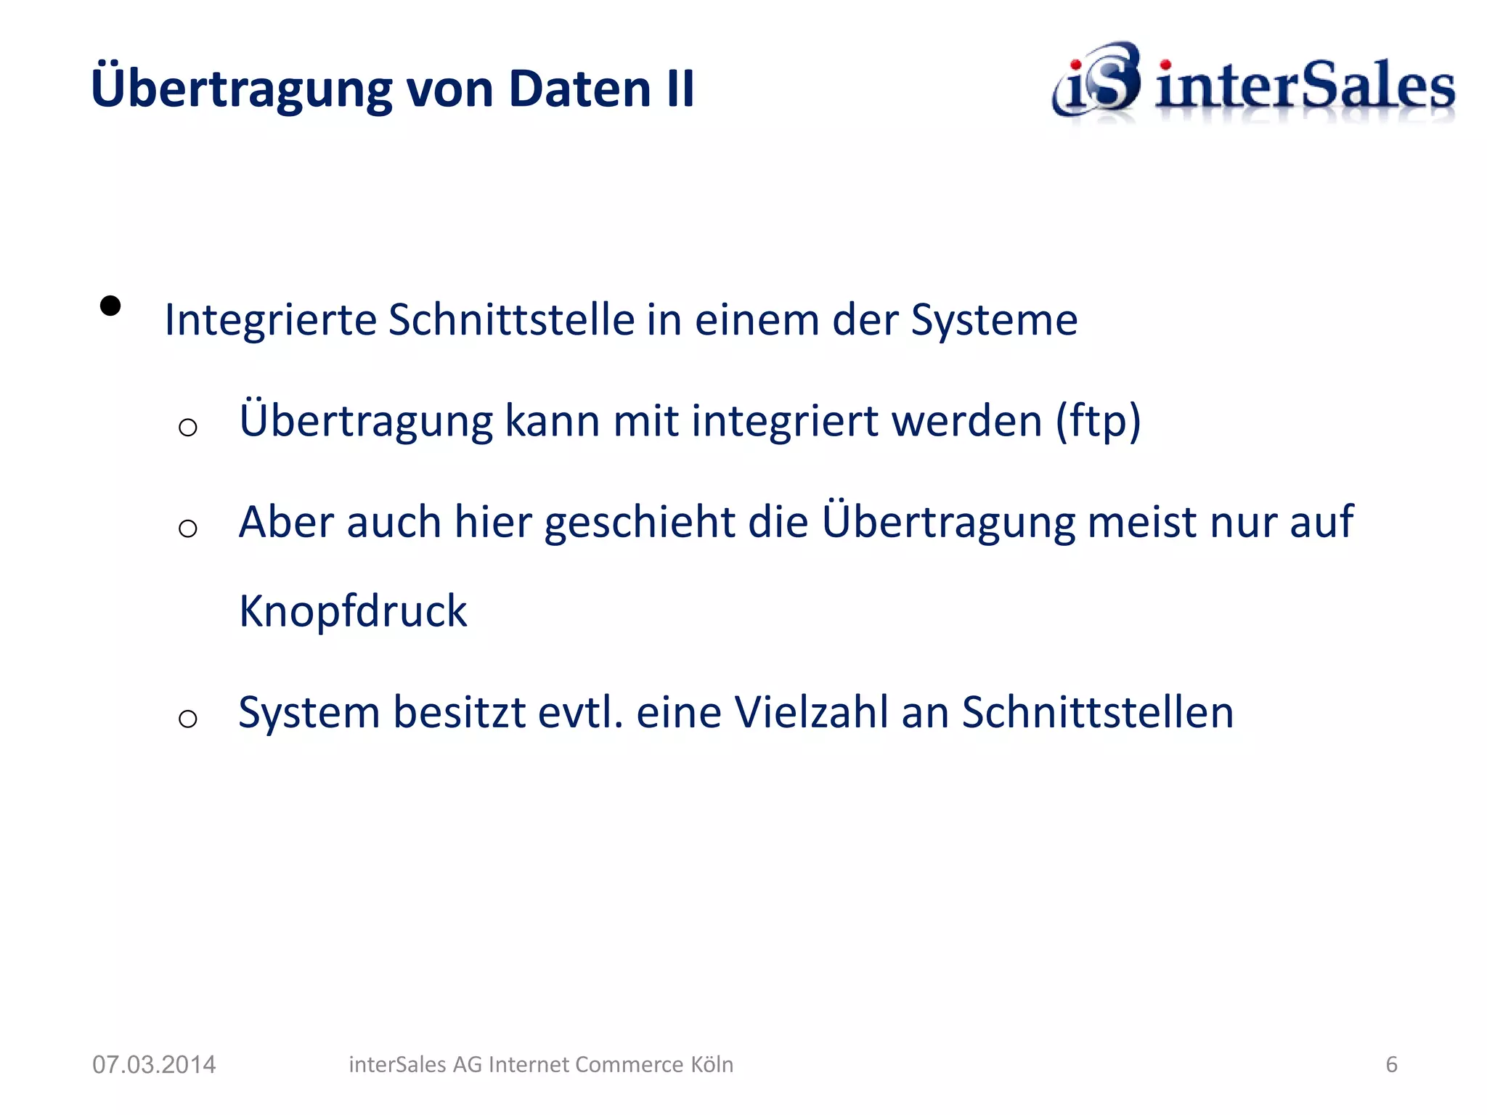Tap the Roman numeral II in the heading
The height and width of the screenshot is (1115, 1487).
pyautogui.click(x=679, y=89)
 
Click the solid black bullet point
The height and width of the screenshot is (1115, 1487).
pyautogui.click(x=110, y=306)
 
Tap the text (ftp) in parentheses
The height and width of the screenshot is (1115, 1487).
pyautogui.click(x=1097, y=421)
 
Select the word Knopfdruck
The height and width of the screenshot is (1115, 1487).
pyautogui.click(x=353, y=611)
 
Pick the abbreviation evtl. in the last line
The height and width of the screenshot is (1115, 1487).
pyautogui.click(x=580, y=712)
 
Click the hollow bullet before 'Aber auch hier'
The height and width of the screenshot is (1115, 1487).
pyautogui.click(x=188, y=528)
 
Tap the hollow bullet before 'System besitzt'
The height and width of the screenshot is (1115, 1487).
pyautogui.click(x=188, y=719)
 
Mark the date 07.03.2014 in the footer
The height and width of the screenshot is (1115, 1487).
pyautogui.click(x=154, y=1064)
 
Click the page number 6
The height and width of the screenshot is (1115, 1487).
pyautogui.click(x=1391, y=1064)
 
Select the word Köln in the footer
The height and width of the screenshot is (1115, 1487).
pyautogui.click(x=712, y=1064)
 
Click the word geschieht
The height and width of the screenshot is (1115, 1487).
pyautogui.click(x=640, y=523)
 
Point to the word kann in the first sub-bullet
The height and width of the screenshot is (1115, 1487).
pyautogui.click(x=552, y=421)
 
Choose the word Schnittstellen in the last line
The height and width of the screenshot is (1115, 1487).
pyautogui.click(x=1097, y=712)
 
